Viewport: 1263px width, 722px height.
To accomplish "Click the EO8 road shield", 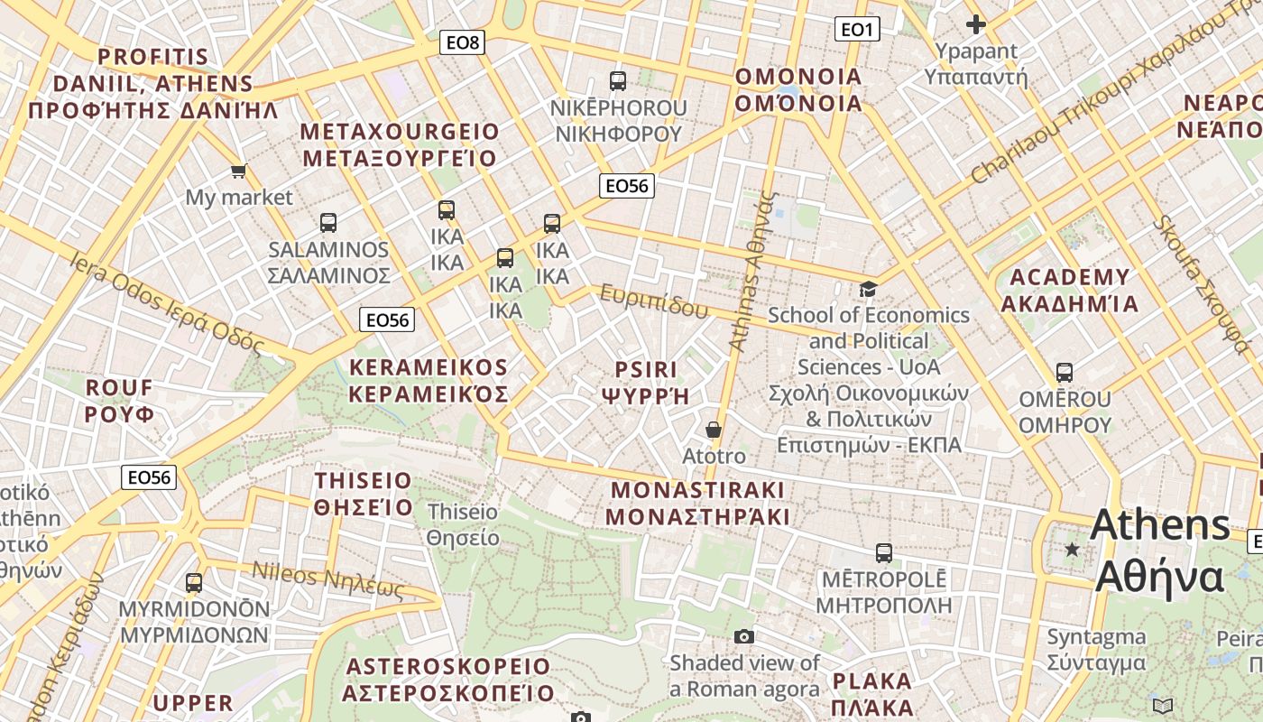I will (463, 42).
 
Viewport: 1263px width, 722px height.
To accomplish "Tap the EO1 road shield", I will (856, 29).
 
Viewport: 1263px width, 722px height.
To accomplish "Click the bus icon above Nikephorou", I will (618, 81).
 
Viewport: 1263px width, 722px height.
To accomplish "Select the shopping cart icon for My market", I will (238, 171).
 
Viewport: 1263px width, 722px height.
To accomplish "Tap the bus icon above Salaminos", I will (328, 222).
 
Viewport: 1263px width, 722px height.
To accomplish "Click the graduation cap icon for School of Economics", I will (868, 289).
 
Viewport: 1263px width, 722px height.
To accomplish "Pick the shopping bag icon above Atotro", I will (714, 430).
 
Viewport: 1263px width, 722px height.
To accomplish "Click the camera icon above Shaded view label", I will (743, 637).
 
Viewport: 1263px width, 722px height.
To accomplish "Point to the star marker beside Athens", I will (1072, 549).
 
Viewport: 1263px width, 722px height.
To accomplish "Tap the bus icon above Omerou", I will (1065, 372).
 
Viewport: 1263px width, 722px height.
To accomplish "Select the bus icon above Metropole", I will (884, 552).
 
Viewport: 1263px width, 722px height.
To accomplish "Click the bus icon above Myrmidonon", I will (194, 583).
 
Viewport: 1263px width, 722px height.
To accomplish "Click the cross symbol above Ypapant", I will (975, 24).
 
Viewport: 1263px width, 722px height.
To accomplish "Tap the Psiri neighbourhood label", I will (645, 383).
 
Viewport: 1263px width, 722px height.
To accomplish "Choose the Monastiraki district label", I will (697, 504).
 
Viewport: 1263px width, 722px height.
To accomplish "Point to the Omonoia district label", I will (798, 89).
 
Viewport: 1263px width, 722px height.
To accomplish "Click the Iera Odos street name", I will (167, 303).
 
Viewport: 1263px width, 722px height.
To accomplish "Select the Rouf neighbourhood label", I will (119, 401).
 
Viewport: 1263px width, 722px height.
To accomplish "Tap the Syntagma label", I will (1096, 650).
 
